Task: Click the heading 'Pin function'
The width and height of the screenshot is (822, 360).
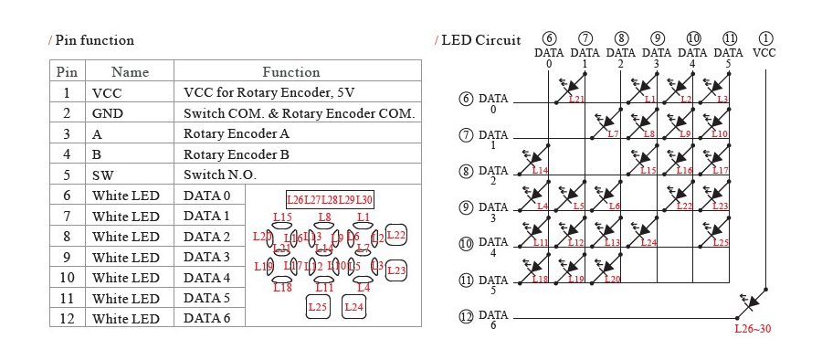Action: [94, 40]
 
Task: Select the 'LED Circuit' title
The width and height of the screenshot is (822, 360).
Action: [480, 40]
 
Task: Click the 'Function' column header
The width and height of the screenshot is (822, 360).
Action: [291, 71]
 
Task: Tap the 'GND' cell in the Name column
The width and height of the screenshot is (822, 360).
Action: [107, 113]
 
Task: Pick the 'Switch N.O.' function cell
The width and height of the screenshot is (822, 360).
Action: [220, 175]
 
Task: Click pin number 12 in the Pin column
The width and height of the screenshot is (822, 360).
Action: [67, 318]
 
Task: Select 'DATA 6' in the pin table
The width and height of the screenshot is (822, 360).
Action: [207, 318]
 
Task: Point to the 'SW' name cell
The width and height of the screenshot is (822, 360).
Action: [102, 175]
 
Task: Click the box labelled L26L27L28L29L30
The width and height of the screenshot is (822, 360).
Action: [330, 199]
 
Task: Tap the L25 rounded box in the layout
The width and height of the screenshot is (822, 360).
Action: [317, 307]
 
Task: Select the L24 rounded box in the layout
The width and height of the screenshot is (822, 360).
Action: [354, 307]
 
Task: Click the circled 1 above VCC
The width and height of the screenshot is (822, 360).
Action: [764, 38]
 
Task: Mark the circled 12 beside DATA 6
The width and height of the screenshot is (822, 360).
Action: [467, 317]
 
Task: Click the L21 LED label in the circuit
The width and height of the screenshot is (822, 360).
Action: [576, 99]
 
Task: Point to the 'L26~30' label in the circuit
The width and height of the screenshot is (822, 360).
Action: [753, 328]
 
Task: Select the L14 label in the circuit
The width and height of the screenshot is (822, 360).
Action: [540, 171]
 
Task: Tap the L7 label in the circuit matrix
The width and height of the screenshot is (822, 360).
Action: [612, 134]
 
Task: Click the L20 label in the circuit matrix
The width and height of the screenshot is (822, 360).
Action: [612, 279]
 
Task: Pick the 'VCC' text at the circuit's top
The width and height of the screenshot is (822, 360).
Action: [764, 53]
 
